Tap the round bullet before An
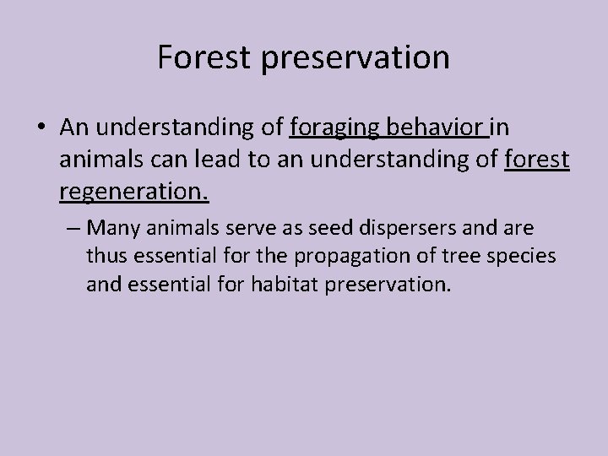(42, 128)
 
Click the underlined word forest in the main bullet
(537, 160)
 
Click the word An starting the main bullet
(74, 128)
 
